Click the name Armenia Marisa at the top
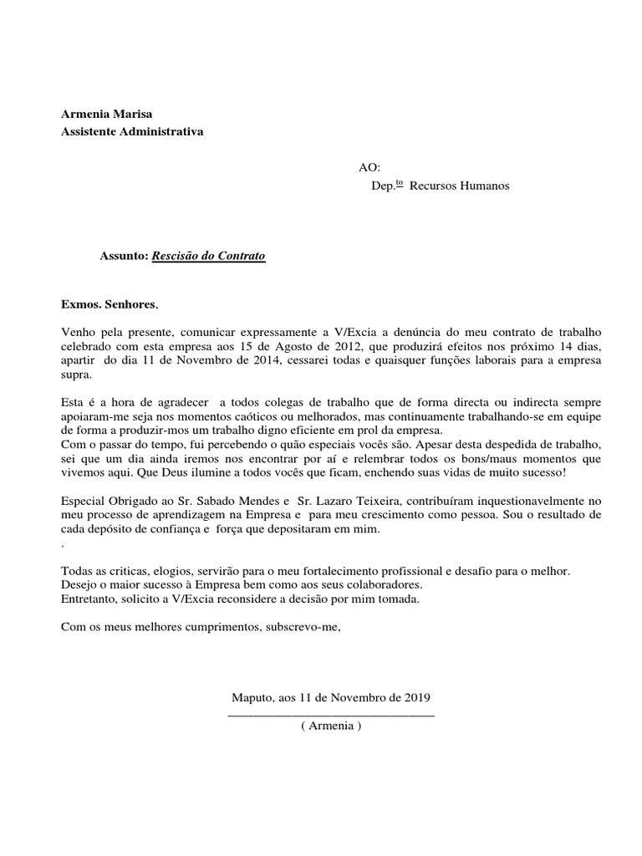[107, 114]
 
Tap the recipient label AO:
[369, 168]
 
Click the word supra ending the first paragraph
[75, 374]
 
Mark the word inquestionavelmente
[517, 502]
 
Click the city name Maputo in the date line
[250, 697]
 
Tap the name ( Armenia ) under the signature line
[331, 726]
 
